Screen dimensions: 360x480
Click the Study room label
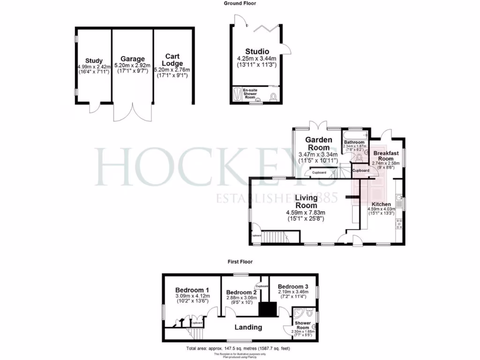pos(94,60)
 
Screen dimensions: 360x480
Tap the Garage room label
pos(132,60)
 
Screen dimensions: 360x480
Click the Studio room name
pos(257,51)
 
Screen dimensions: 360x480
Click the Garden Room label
pos(319,143)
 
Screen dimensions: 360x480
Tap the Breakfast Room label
pos(386,156)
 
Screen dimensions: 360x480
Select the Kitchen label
pos(381,204)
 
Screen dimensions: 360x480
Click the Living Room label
pos(306,202)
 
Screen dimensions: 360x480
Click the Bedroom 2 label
pos(239,292)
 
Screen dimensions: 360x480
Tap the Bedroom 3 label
pos(293,286)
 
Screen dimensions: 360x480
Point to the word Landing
pos(248,327)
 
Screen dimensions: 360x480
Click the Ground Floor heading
pos(240,3)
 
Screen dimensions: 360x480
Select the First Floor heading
pos(240,262)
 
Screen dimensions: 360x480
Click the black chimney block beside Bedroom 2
pos(268,309)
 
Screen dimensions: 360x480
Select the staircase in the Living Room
pos(274,237)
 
